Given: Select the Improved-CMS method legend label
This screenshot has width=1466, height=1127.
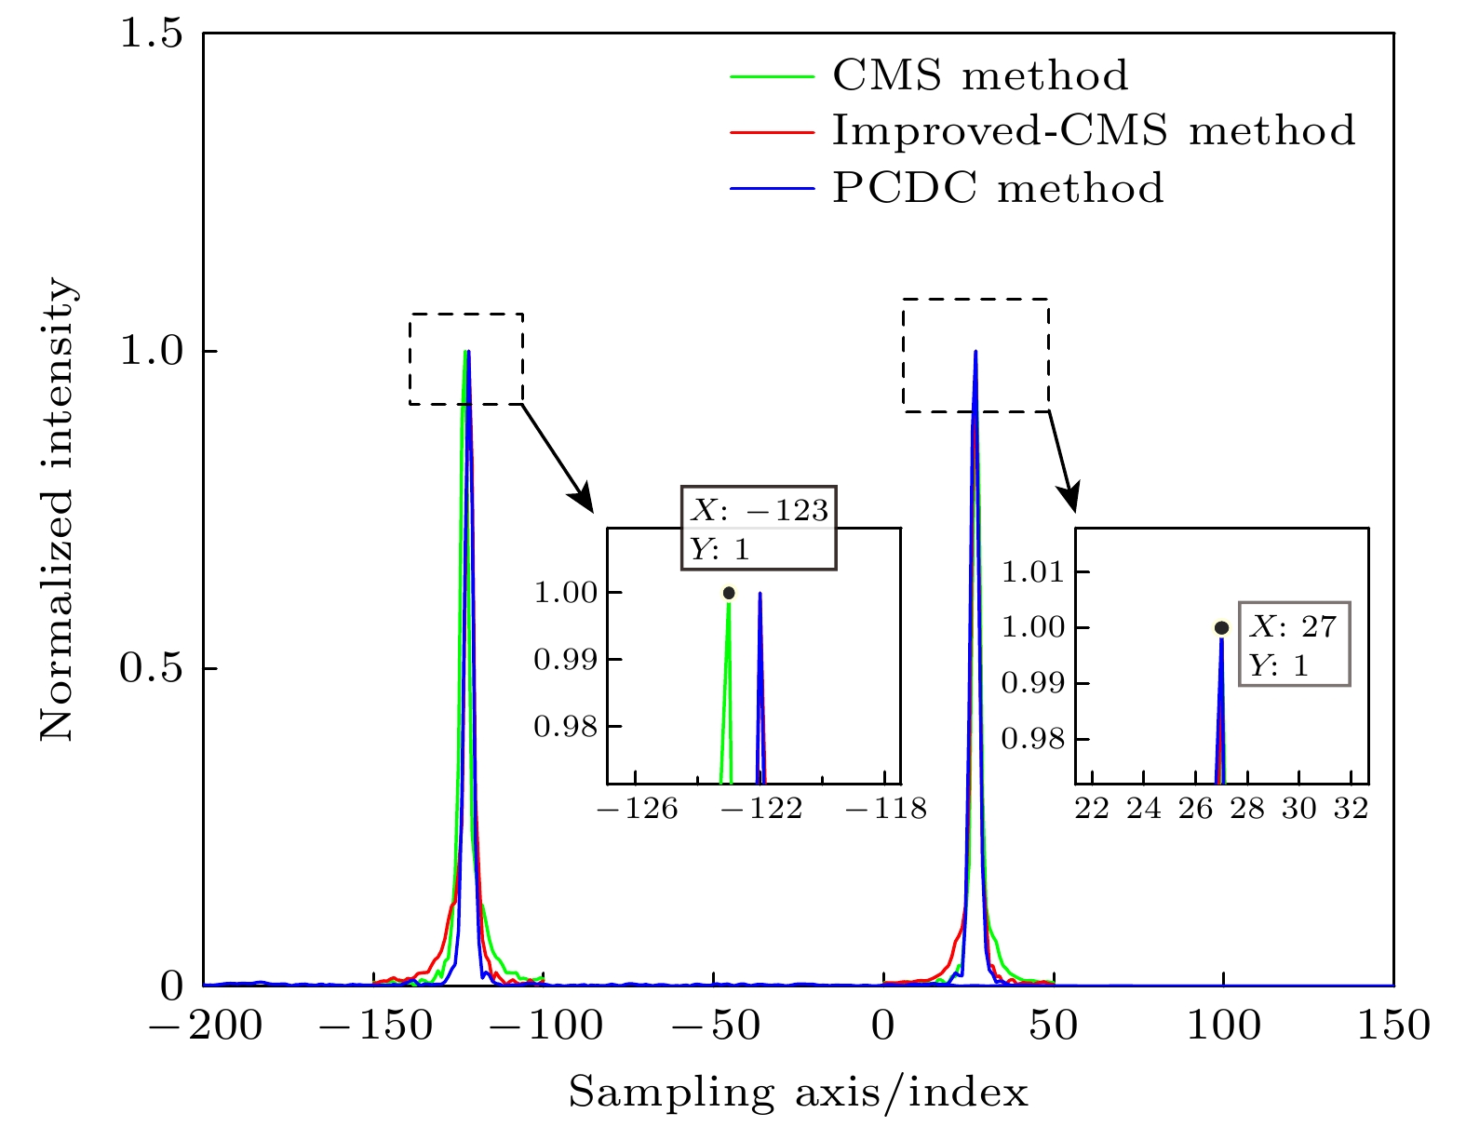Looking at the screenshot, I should pos(1093,131).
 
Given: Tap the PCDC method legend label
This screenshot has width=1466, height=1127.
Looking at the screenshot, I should pos(997,188).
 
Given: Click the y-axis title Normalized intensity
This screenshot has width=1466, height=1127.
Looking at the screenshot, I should pos(58,511).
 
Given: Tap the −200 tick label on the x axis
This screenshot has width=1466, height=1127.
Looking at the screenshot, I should pos(204,1026).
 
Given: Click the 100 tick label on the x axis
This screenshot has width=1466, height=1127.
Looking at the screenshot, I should pos(1223,1026).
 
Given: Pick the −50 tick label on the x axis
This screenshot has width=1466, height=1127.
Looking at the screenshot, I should pos(713,1026).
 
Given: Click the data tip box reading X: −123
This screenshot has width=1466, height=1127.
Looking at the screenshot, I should pos(759,528).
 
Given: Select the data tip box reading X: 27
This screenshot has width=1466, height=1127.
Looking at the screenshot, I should pos(1294,644).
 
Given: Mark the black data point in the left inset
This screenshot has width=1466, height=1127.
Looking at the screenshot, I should pos(729,593).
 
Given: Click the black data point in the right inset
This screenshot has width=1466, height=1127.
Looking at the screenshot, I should pos(1221,628).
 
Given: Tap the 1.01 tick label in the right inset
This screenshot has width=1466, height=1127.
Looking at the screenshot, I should pos(1031,571).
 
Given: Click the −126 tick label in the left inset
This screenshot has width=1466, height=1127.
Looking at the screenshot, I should pos(638,809).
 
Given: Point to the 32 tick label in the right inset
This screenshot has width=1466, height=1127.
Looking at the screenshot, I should pos(1351,809).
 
